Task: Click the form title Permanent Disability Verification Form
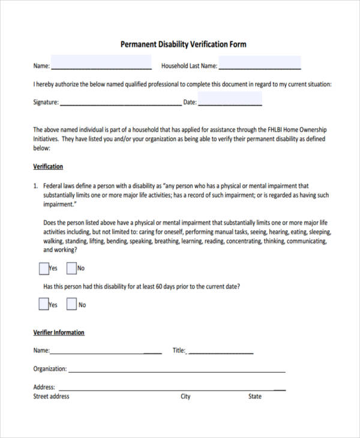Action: pyautogui.click(x=183, y=44)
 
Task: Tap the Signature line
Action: pyautogui.click(x=120, y=102)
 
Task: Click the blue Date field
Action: pyautogui.click(x=230, y=100)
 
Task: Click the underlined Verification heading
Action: pyautogui.click(x=48, y=167)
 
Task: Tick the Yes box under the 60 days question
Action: pyautogui.click(x=43, y=304)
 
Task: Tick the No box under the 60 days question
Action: pyautogui.click(x=71, y=304)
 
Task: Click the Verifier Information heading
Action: pyautogui.click(x=58, y=332)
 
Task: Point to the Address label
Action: pyautogui.click(x=44, y=388)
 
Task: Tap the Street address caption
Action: pyautogui.click(x=51, y=397)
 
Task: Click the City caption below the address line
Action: pyautogui.click(x=185, y=397)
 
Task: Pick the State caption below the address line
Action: pyautogui.click(x=255, y=397)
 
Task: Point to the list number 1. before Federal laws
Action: pyautogui.click(x=35, y=186)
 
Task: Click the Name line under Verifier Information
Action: pyautogui.click(x=106, y=351)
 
